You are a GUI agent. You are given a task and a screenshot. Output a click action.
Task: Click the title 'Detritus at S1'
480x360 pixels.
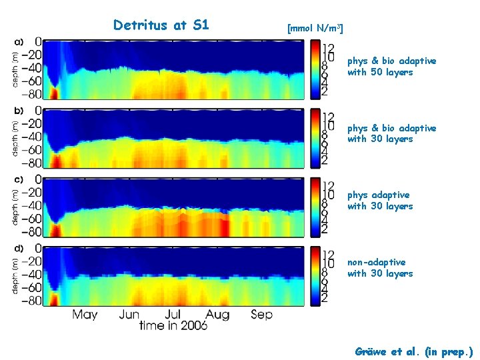[x=161, y=25]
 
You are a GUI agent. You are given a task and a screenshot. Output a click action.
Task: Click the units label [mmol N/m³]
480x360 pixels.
[x=315, y=29]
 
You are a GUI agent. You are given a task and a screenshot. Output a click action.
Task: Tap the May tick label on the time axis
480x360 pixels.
[x=85, y=314]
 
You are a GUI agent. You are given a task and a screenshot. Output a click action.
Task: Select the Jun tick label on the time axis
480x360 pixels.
[x=129, y=314]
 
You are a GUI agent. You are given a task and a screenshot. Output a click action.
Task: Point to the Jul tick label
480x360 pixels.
[x=173, y=314]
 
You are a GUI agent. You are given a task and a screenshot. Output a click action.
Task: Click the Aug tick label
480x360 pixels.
[x=218, y=314]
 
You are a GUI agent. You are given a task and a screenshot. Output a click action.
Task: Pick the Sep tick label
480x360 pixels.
[x=261, y=314]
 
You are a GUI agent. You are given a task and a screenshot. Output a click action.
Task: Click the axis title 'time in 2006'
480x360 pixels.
[x=173, y=325]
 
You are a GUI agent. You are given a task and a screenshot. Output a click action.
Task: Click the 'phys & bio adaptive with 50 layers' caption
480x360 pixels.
[x=391, y=66]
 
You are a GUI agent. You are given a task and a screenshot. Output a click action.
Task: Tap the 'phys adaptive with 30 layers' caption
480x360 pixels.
[x=380, y=201]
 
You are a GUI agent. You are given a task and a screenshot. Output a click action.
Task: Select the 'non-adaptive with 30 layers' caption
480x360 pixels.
[x=380, y=268]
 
